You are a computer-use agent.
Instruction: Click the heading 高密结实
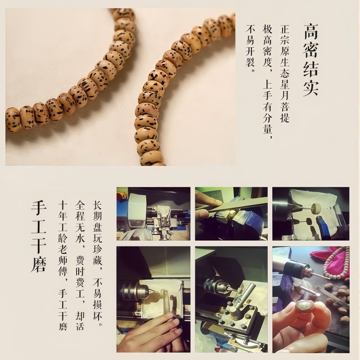point(310,59)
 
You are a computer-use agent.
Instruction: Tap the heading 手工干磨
point(39,237)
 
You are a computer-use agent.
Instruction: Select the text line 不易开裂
point(250,49)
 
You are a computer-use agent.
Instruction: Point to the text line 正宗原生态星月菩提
point(284,73)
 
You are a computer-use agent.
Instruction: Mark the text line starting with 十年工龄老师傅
point(63,265)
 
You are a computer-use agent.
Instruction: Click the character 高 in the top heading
point(310,31)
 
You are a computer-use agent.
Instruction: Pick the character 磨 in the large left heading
point(39,264)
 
